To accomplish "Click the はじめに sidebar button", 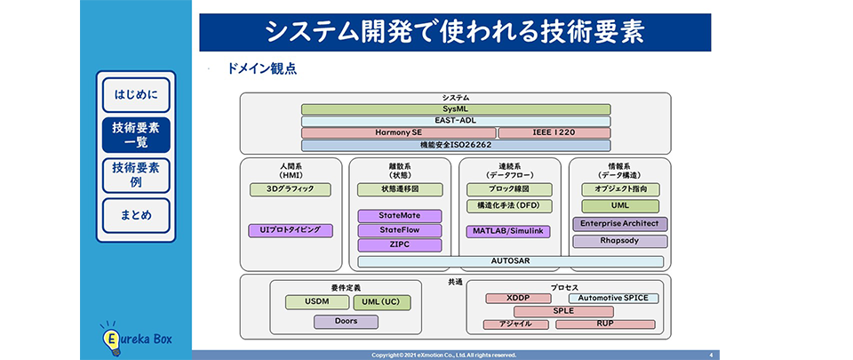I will coord(136,94).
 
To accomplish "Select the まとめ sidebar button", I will coord(136,215).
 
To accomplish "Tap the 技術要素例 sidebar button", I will coord(136,175).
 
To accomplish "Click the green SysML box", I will coord(455,108).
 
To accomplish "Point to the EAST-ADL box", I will coord(455,121).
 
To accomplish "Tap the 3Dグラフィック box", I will coord(290,190).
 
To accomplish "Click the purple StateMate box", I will coord(399,216).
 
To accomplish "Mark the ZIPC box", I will coord(399,244).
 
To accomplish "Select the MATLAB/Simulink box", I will coord(508,231).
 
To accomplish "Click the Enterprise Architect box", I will coord(619,224).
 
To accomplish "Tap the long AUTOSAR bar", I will coord(510,261).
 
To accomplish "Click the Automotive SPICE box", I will coord(613,299).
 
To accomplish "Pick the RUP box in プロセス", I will coord(604,324).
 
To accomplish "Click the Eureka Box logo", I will coord(136,339).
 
